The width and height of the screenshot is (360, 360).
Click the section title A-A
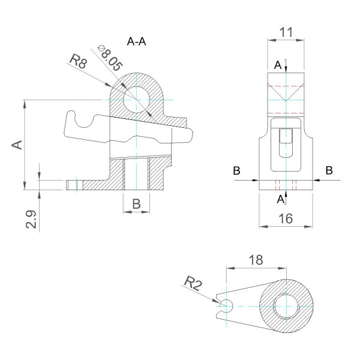(137, 41)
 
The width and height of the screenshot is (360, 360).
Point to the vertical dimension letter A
(17, 145)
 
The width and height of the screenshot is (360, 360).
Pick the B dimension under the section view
(136, 204)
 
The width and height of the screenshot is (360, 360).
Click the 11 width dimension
(286, 33)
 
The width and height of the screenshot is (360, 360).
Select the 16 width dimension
(286, 219)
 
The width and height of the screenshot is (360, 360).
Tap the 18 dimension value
(255, 260)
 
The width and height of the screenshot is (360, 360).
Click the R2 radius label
(193, 283)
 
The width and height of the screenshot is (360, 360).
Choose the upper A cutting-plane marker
(278, 64)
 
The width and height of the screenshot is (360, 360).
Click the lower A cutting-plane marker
(280, 199)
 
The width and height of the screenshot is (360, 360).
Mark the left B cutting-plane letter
(237, 171)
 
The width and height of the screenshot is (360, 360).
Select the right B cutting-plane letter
(329, 171)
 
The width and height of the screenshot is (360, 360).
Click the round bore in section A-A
(136, 98)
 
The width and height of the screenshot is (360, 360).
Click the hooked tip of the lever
(70, 117)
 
